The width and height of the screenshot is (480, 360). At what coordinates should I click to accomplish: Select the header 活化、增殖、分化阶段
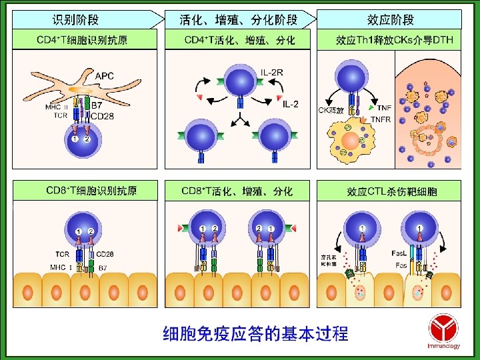[239, 19]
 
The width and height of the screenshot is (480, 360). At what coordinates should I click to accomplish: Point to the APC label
[105, 75]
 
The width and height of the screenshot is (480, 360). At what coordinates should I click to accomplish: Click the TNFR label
[381, 119]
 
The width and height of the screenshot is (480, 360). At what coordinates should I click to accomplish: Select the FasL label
[400, 253]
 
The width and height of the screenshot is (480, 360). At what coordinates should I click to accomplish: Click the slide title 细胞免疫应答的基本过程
[255, 333]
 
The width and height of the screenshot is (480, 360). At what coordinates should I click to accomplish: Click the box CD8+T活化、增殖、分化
[239, 191]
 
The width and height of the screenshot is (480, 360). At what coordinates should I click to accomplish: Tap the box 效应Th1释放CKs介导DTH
[394, 41]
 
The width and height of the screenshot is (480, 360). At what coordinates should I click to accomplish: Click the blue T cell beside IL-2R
[240, 79]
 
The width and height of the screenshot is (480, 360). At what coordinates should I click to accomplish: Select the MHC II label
[57, 107]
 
